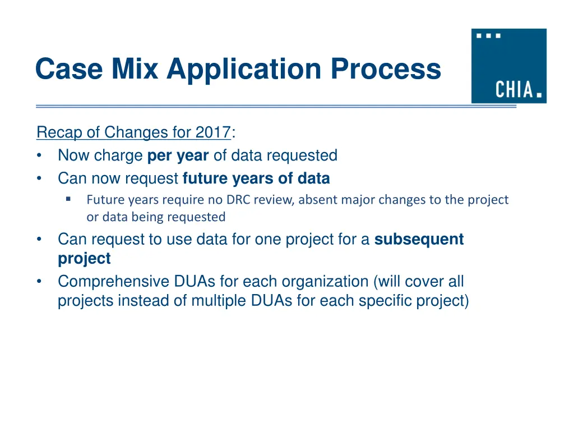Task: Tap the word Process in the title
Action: [386, 70]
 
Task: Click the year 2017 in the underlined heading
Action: [213, 132]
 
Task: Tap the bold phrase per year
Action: [178, 155]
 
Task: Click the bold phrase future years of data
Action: [256, 178]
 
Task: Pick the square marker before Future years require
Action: [68, 199]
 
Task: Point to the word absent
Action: [316, 200]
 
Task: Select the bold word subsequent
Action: [419, 240]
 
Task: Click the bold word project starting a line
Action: [84, 259]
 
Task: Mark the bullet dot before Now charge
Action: [39, 155]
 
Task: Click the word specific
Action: [385, 301]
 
